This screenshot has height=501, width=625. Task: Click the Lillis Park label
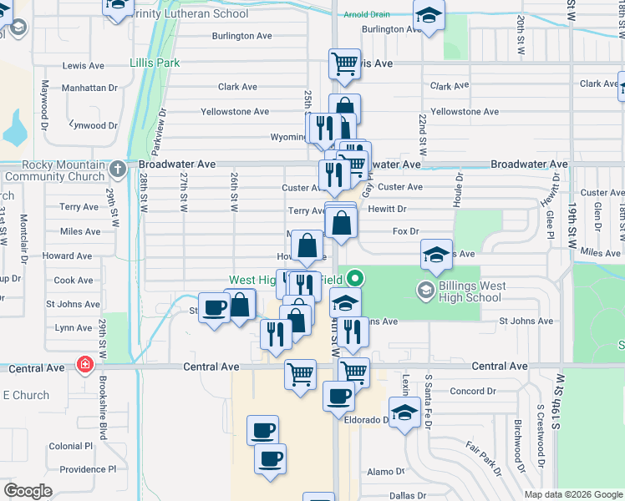click(x=155, y=63)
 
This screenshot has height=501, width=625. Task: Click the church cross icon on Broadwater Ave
click(x=119, y=165)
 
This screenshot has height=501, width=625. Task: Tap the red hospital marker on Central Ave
click(x=84, y=364)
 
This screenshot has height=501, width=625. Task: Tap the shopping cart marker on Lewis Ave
click(x=344, y=63)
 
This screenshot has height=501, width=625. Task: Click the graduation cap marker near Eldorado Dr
click(x=404, y=412)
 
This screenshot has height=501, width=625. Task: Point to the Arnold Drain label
click(x=367, y=15)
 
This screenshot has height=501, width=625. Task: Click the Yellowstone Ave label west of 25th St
click(x=235, y=111)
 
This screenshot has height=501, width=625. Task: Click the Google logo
click(x=28, y=491)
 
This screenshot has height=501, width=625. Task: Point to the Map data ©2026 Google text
click(x=572, y=494)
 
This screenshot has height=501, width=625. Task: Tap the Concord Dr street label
click(x=472, y=391)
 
